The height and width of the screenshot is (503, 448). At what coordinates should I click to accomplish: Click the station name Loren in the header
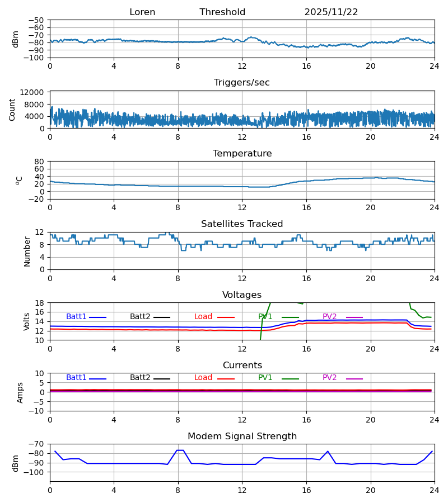(142, 12)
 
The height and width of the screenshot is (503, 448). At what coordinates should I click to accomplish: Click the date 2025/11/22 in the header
(331, 12)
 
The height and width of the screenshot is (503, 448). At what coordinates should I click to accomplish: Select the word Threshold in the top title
(222, 12)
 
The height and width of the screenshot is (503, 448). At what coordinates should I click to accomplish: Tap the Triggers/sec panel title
(242, 83)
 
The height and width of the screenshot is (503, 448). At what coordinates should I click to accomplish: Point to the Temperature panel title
(242, 154)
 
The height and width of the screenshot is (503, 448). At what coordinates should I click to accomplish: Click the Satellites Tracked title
(242, 224)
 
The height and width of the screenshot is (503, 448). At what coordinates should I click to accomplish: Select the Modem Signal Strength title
(242, 436)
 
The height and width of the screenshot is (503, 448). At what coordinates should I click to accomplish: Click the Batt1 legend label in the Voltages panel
(76, 317)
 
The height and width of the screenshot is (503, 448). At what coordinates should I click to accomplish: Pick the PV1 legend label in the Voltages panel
(265, 317)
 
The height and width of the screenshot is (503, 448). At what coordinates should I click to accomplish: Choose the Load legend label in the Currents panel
(203, 378)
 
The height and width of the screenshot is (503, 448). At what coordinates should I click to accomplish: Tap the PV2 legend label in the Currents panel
(329, 378)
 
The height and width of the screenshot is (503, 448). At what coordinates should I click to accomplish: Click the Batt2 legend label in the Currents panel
(140, 378)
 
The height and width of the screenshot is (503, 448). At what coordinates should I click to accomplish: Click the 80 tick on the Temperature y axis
(39, 162)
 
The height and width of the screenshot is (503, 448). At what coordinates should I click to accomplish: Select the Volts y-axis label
(27, 321)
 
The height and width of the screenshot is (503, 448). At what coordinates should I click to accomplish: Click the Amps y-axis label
(20, 392)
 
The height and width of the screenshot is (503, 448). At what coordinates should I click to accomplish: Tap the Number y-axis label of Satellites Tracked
(27, 251)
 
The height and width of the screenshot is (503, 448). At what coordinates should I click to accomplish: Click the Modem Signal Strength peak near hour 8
(180, 450)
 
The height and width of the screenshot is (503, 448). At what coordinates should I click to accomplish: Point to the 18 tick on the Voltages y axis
(39, 303)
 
